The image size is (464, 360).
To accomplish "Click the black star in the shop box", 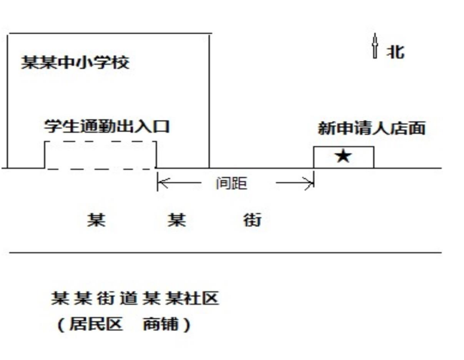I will (343, 157).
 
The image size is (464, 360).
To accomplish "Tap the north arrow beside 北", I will (375, 46).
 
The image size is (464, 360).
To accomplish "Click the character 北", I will (395, 52).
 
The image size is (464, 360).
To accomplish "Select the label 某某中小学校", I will (75, 62).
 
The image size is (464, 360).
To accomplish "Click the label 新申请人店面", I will (371, 129).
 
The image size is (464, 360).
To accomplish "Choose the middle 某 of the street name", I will (177, 220).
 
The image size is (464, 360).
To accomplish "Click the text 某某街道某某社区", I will (134, 299).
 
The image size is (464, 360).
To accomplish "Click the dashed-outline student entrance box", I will (100, 155).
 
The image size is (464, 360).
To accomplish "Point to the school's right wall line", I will (209, 101).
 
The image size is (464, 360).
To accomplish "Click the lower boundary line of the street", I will (225, 253).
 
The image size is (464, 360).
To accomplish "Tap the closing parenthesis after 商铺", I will (186, 326).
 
